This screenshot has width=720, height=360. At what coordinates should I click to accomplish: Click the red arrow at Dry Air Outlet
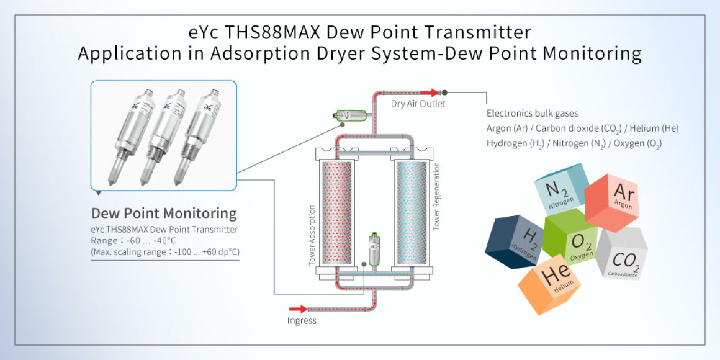[x=430, y=92]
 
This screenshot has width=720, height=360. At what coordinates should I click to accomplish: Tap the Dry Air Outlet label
[x=418, y=104]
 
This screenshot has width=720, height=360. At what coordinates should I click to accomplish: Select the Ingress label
[x=302, y=321]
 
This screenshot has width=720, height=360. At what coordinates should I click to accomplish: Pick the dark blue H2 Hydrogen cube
[x=514, y=242]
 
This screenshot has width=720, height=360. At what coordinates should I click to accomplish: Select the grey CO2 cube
[x=622, y=254]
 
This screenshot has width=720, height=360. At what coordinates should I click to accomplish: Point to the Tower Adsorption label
[x=312, y=235]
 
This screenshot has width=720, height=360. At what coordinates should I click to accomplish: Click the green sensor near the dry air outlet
[x=348, y=115]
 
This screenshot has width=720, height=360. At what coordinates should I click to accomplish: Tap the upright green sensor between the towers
[x=375, y=249]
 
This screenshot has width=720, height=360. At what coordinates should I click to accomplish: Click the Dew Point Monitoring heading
[x=164, y=214]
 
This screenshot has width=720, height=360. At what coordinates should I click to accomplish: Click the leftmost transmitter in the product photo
[x=131, y=137]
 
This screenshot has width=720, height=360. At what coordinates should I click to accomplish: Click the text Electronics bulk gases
[x=533, y=114]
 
